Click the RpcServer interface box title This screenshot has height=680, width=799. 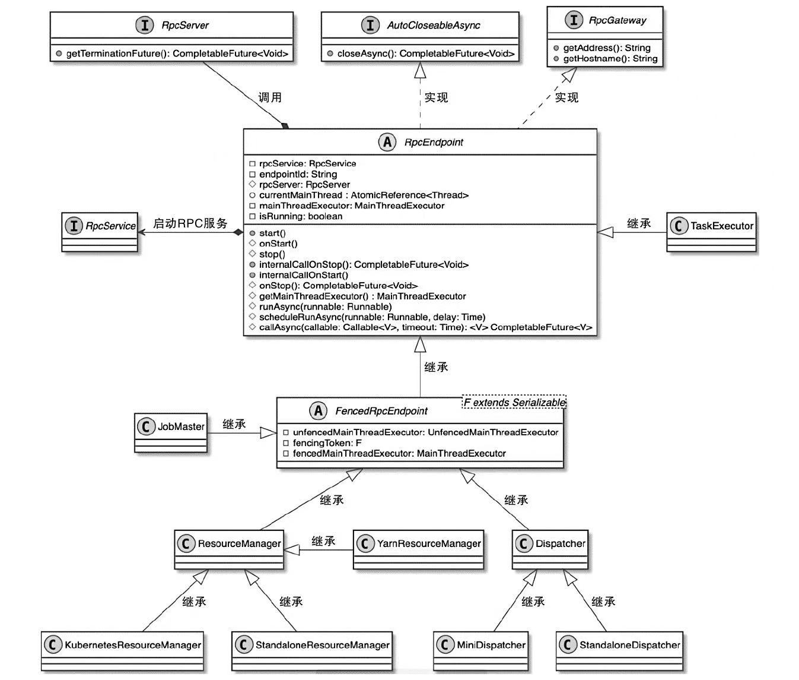click(x=184, y=26)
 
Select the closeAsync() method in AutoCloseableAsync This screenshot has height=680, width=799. click(x=425, y=53)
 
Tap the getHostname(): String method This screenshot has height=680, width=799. click(x=610, y=58)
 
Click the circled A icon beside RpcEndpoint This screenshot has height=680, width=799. click(x=387, y=142)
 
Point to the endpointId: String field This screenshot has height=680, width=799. click(x=298, y=174)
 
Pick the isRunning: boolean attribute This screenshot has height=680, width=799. click(x=300, y=216)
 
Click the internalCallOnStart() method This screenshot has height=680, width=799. click(x=303, y=275)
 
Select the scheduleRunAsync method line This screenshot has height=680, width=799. click(x=372, y=317)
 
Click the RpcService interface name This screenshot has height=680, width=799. click(x=110, y=226)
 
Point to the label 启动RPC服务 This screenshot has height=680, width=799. click(x=190, y=223)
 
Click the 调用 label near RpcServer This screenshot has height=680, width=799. click(x=270, y=97)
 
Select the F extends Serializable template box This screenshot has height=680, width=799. click(x=514, y=402)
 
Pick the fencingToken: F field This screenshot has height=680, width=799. click(x=327, y=443)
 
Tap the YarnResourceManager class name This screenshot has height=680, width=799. click(x=428, y=543)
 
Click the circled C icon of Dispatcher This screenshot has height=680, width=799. click(x=523, y=543)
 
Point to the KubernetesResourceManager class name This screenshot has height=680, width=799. click(x=132, y=645)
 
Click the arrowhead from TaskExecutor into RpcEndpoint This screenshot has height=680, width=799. click(x=604, y=232)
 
